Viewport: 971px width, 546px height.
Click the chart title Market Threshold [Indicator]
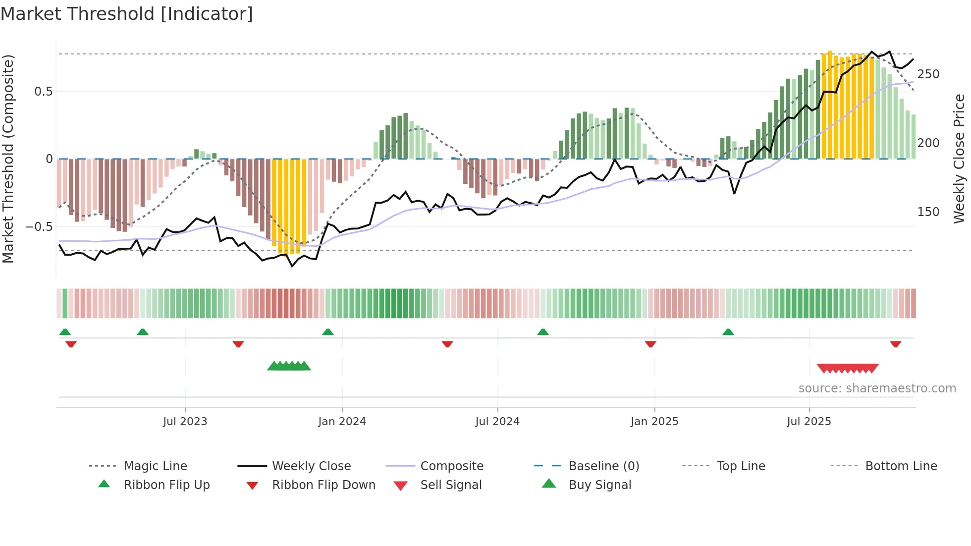click(x=127, y=14)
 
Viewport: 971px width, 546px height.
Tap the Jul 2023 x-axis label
click(x=185, y=422)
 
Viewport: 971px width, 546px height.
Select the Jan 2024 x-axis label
click(x=342, y=422)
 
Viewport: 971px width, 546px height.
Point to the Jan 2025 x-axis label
click(x=654, y=422)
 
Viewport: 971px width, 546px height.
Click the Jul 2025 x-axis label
click(x=809, y=422)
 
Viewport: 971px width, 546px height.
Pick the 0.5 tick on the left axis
click(x=43, y=92)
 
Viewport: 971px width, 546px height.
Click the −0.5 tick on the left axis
click(x=39, y=227)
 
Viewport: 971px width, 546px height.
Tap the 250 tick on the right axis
click(x=928, y=74)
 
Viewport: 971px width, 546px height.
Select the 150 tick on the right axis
click(x=928, y=212)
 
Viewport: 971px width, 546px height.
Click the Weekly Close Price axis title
click(x=959, y=159)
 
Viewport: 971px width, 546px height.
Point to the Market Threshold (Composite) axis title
click(x=8, y=159)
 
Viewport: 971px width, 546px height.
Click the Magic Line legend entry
click(x=155, y=466)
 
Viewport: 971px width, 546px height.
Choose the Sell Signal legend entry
click(x=450, y=485)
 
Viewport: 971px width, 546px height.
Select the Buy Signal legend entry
click(x=599, y=485)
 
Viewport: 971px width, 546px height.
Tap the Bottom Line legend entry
click(x=901, y=466)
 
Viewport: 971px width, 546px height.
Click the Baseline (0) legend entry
click(x=603, y=466)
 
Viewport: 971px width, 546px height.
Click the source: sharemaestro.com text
click(x=877, y=388)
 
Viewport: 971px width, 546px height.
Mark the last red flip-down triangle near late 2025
click(x=895, y=344)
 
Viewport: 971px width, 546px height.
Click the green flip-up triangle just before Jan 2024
click(x=327, y=332)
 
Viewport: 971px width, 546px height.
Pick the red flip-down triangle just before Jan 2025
click(x=650, y=344)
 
